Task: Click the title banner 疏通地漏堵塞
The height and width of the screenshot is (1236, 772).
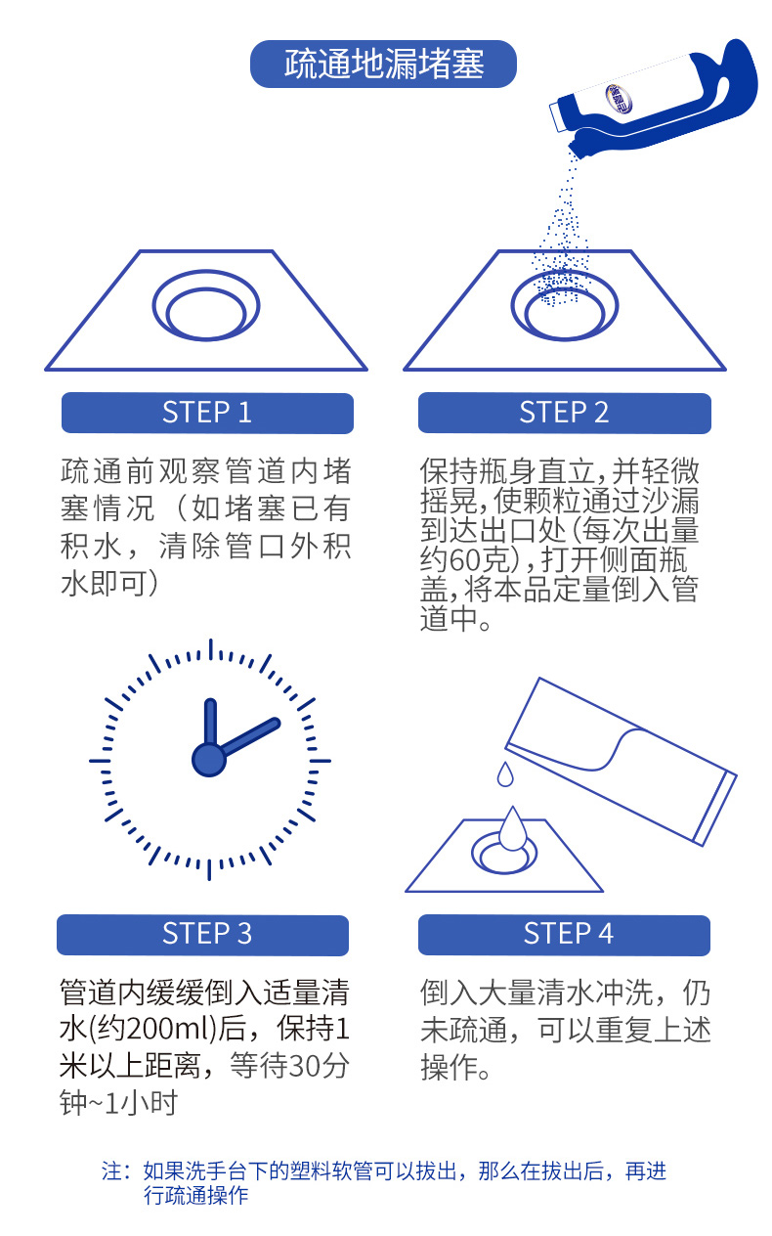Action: pyautogui.click(x=383, y=64)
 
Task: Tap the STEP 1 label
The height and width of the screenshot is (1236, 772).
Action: pyautogui.click(x=207, y=413)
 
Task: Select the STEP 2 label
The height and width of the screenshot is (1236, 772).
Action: pyautogui.click(x=565, y=413)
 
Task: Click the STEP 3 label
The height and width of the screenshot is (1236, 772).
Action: pyautogui.click(x=203, y=935)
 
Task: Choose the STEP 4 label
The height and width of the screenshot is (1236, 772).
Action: pyautogui.click(x=564, y=935)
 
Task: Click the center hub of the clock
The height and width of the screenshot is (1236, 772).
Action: pyautogui.click(x=209, y=760)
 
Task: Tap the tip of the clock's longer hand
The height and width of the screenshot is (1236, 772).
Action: pyautogui.click(x=276, y=722)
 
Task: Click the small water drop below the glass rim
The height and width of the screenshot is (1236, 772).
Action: pyautogui.click(x=505, y=774)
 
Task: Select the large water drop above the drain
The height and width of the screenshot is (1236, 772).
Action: pyautogui.click(x=513, y=828)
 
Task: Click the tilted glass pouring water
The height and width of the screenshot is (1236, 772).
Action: pyautogui.click(x=621, y=761)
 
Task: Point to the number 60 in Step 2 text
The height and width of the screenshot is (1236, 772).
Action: pyautogui.click(x=465, y=560)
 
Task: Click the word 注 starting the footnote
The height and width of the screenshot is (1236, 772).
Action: pyautogui.click(x=111, y=1170)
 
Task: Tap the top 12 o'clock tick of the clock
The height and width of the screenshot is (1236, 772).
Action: pyautogui.click(x=210, y=649)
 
